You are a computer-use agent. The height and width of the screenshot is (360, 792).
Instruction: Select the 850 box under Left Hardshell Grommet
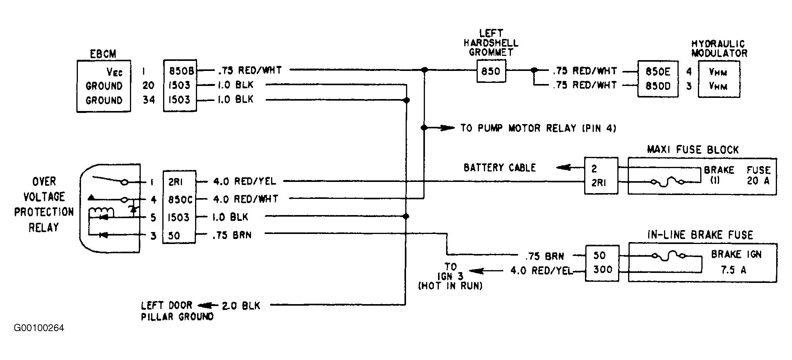coord(491,71)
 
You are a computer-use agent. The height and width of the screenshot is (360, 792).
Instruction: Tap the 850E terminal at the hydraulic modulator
coord(658,71)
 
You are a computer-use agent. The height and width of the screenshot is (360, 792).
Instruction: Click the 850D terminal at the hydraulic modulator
coord(658,86)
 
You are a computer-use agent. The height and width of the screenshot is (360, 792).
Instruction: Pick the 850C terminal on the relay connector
coord(180,199)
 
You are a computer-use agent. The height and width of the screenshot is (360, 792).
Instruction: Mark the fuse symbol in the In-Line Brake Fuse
coord(667,256)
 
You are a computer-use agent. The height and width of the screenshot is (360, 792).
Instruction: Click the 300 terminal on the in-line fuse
coord(602,269)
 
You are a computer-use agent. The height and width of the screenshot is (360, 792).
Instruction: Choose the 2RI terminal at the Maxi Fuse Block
coord(599,183)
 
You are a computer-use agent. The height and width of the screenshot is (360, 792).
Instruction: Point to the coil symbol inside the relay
coord(102,212)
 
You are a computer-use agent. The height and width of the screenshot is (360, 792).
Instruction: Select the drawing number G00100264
coord(39,328)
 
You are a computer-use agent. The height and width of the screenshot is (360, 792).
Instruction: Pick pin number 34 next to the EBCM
coord(148,100)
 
